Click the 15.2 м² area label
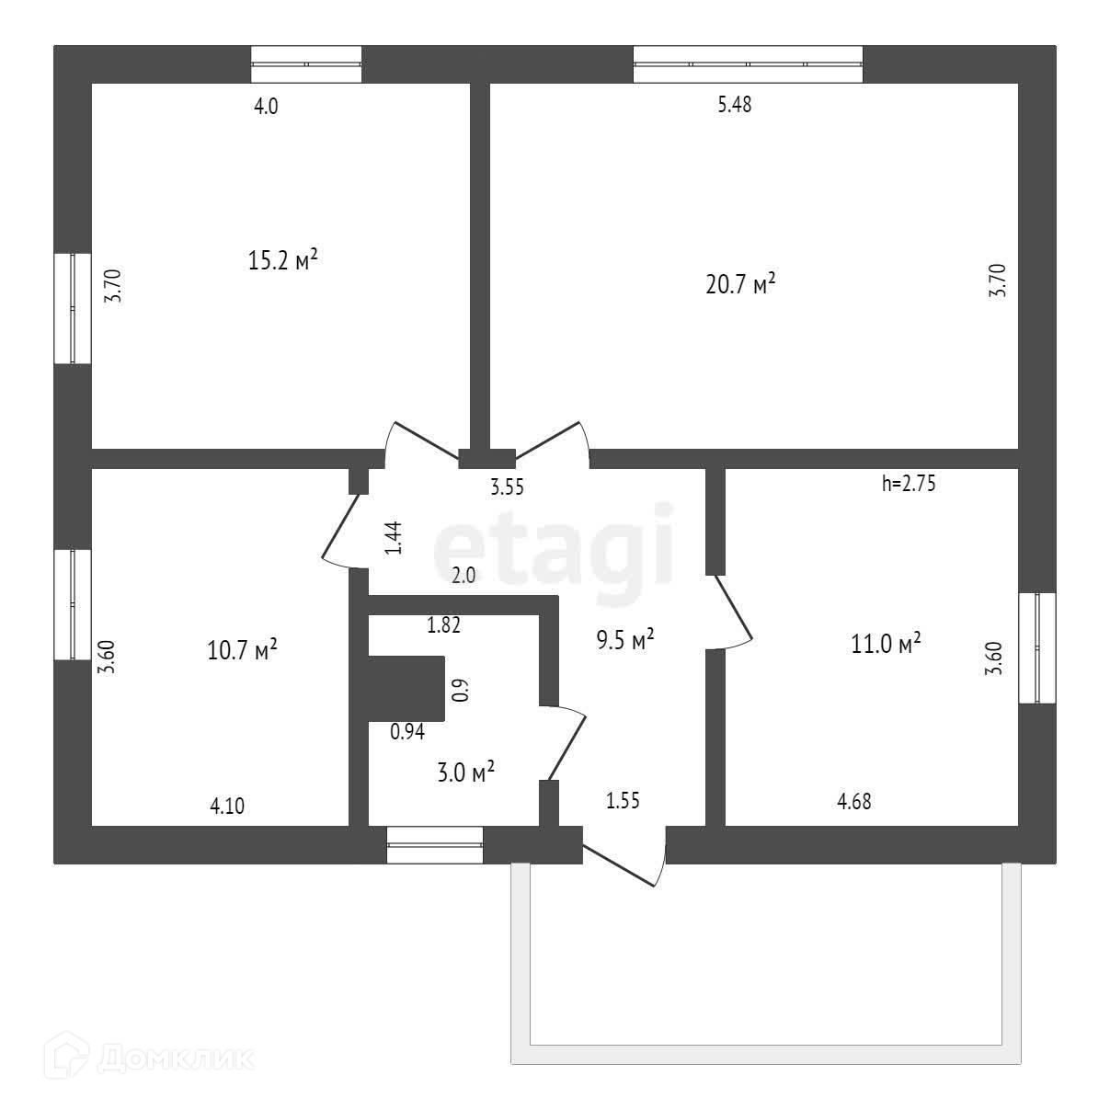pos(282,260)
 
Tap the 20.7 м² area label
pos(740,283)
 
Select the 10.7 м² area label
pos(243,651)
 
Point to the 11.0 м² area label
pos(886,644)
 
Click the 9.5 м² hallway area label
pos(625,640)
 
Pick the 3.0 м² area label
pos(465,773)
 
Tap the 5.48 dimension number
pos(734,105)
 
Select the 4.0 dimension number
pos(266,107)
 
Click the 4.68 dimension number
pos(853,802)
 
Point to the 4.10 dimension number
pos(227,807)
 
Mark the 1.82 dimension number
pos(443,625)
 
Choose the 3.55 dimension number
pos(507,488)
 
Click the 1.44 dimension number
pos(394,538)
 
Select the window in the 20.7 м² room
pos(748,64)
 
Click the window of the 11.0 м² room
pos(1037,648)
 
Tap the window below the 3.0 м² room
pos(434,844)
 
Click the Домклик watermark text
pos(175,1059)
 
